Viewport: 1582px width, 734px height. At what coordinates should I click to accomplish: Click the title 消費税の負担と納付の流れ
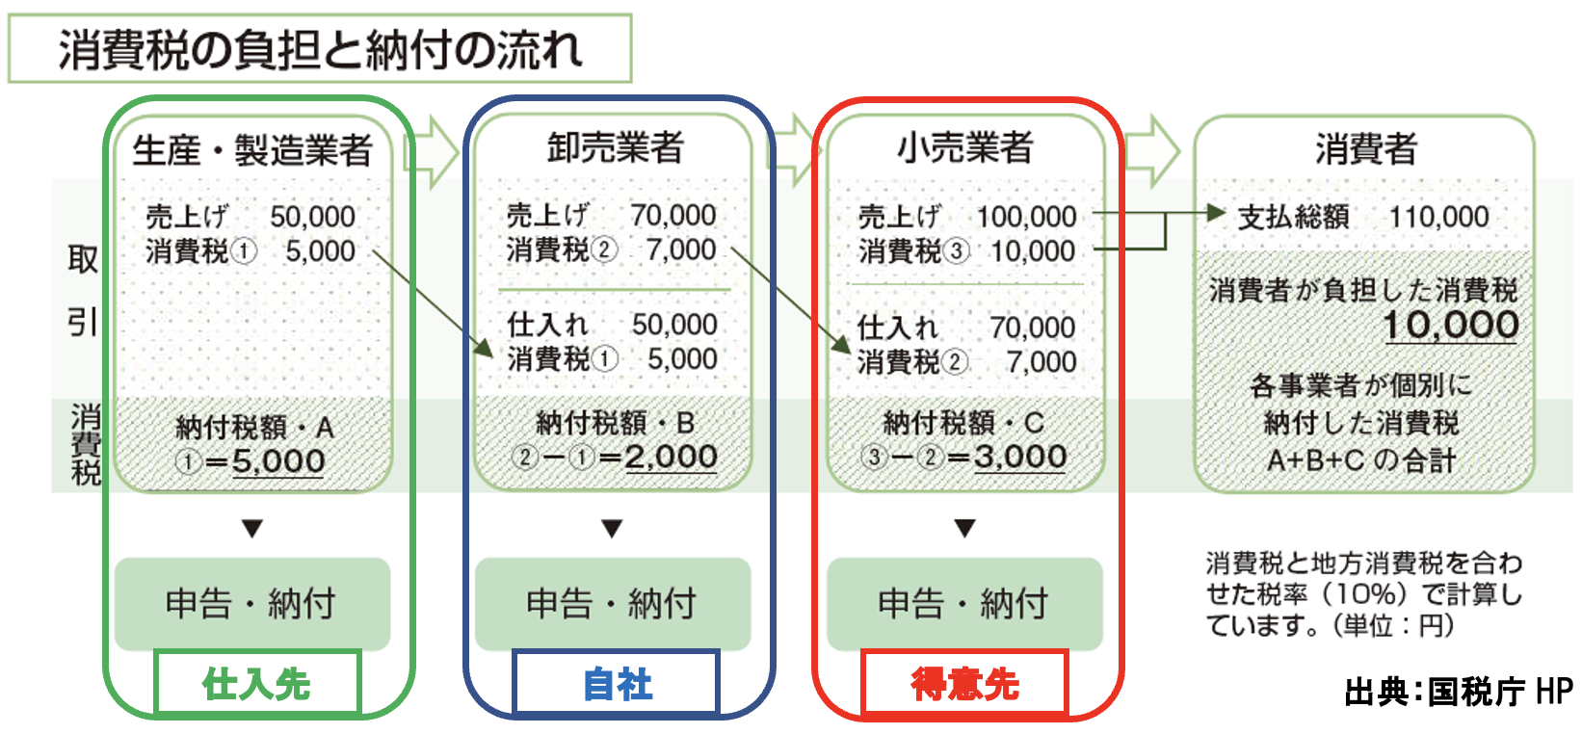point(319,49)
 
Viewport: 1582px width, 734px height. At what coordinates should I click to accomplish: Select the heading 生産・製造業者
point(252,150)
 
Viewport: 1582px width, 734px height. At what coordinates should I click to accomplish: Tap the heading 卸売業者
point(615,148)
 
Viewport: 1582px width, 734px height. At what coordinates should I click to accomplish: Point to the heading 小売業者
point(964,148)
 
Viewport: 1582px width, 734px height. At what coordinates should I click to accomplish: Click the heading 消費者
point(1365,148)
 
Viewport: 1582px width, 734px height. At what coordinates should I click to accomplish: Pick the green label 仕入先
point(256,684)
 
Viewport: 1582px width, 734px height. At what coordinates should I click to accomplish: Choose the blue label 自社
point(617,684)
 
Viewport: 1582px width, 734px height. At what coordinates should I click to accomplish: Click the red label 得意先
point(964,684)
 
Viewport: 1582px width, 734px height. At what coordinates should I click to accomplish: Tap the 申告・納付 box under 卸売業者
point(613,604)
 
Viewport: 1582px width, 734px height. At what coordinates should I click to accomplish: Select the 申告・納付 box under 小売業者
point(964,604)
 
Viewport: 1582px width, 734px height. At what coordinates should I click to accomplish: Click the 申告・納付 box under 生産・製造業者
point(252,604)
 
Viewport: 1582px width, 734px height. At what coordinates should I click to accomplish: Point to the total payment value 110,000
point(1438,217)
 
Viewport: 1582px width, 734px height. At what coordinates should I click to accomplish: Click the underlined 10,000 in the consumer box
point(1451,326)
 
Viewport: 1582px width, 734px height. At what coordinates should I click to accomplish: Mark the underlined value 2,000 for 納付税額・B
point(671,458)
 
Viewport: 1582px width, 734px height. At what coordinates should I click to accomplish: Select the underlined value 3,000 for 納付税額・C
point(1019,458)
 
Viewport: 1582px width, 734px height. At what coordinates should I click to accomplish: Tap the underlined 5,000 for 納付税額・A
point(278,461)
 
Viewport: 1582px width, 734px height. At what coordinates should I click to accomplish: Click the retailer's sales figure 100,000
point(1026,217)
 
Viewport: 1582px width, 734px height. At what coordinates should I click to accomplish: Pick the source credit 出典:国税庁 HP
point(1458,692)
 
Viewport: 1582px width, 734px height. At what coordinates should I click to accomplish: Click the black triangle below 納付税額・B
point(612,528)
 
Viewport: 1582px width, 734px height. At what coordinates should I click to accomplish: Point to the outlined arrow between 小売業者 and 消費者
point(1151,151)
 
